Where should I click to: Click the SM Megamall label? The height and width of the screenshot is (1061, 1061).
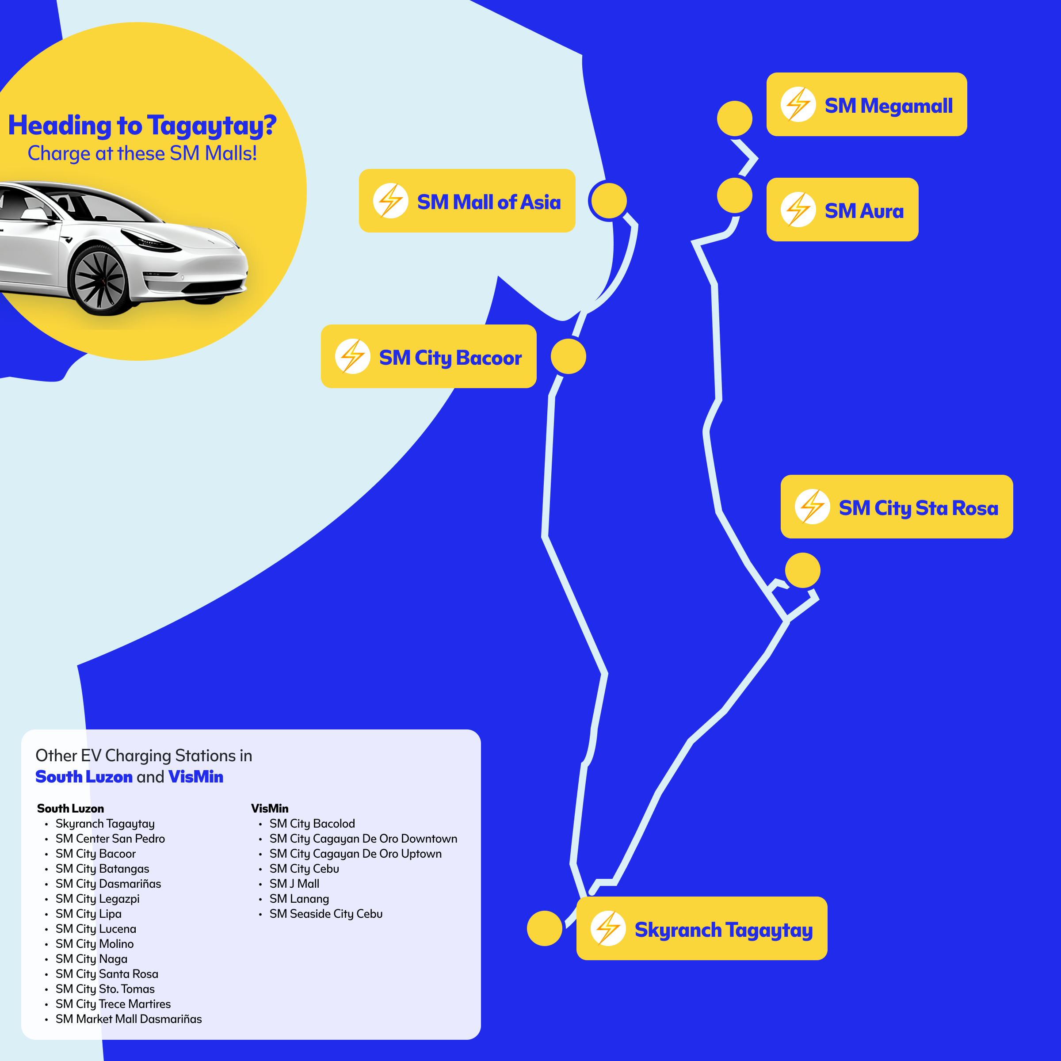[x=866, y=104]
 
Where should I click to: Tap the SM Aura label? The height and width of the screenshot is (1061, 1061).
[x=842, y=209]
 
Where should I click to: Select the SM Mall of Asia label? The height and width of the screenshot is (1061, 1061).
[x=467, y=201]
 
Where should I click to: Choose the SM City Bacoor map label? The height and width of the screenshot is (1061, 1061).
[x=428, y=356]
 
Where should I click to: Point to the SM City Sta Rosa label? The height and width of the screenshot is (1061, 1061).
[x=896, y=506]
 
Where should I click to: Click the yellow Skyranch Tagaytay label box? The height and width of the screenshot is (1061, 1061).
[x=701, y=928]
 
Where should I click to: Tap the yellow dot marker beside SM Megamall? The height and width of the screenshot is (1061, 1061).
[x=734, y=118]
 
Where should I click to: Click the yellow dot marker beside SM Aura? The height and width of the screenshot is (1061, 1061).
[x=734, y=195]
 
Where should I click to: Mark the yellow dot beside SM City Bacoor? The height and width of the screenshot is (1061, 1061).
[x=569, y=356]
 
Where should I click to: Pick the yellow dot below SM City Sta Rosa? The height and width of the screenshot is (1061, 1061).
[x=802, y=570]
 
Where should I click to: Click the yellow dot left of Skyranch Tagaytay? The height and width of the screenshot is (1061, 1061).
[x=544, y=928]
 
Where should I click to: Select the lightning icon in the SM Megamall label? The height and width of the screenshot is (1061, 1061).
[x=798, y=104]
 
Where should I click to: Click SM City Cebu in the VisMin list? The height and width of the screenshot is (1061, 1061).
[x=304, y=869]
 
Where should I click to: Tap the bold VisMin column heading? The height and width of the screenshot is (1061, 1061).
[x=270, y=809]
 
